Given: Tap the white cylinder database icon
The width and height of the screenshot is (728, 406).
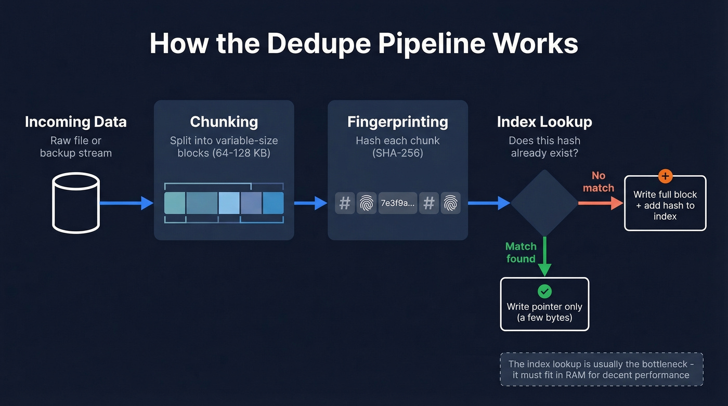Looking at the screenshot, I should pos(76,203).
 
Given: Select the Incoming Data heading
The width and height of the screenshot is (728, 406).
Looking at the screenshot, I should pos(76,122).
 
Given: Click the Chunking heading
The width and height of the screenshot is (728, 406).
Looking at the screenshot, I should pos(224,122).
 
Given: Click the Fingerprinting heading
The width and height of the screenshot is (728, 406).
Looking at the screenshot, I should pos(397,122).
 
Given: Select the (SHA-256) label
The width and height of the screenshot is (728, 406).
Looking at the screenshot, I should pos(397,153).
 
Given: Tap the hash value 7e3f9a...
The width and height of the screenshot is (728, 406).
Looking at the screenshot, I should pos(398,203).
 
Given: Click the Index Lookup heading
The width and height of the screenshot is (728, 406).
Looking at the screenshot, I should pos(544,122).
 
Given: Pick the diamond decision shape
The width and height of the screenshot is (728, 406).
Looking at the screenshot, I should pos(544,203).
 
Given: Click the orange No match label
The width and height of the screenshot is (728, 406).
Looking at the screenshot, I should pos(599,182).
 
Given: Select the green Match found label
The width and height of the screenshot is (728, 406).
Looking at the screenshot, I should pos(521,253).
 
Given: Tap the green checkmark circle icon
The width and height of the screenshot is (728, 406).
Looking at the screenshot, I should pos(544,292).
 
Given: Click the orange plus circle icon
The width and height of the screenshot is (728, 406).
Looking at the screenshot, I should pos(665,176).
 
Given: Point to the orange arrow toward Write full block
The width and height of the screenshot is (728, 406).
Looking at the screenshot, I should pos(601,203).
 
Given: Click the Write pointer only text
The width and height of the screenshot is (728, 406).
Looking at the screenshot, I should pos(544,307).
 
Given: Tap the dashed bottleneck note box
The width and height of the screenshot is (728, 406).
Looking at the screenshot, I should pos(601,370).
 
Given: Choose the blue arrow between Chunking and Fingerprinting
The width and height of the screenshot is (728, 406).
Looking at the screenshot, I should pos(310,203).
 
